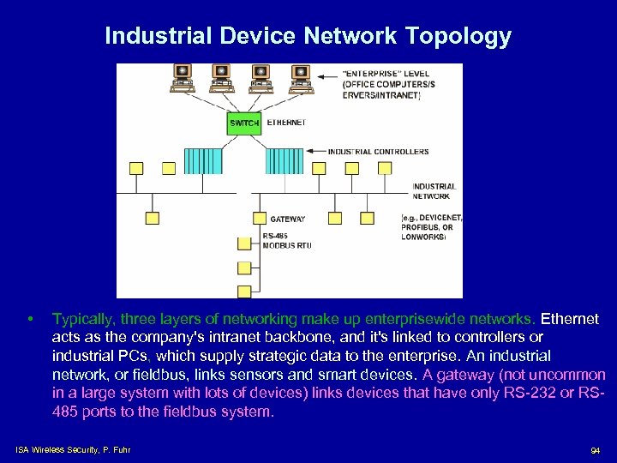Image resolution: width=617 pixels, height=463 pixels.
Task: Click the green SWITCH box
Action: pyautogui.click(x=244, y=123)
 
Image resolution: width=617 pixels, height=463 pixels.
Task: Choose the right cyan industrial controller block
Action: pyautogui.click(x=285, y=160)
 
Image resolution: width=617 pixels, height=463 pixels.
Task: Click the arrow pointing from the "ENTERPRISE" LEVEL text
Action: pyautogui.click(x=326, y=77)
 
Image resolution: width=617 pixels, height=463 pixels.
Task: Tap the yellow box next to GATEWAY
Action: pyautogui.click(x=260, y=219)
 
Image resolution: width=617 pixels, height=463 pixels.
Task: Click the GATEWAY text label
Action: pyautogui.click(x=288, y=219)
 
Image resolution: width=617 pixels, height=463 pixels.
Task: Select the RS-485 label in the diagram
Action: pyautogui.click(x=276, y=236)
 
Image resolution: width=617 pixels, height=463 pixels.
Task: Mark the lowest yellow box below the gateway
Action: pyautogui.click(x=245, y=291)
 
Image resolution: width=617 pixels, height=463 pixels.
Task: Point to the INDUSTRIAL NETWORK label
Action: pyautogui.click(x=434, y=191)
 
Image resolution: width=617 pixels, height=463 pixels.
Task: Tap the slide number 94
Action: pyautogui.click(x=595, y=451)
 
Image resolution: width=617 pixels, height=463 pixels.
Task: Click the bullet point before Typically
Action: pyautogui.click(x=30, y=320)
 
